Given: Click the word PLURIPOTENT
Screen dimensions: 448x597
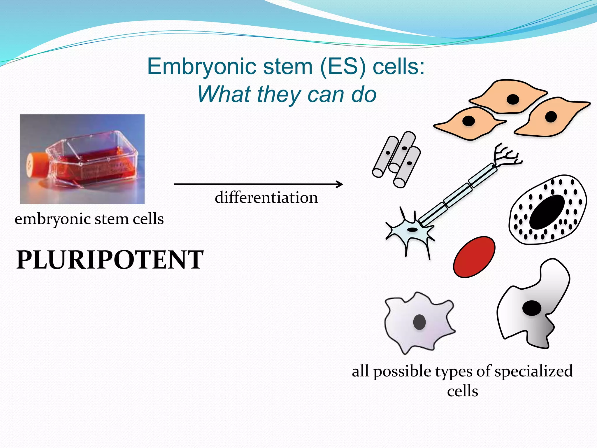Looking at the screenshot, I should (x=110, y=260).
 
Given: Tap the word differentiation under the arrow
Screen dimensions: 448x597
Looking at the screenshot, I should (x=266, y=197).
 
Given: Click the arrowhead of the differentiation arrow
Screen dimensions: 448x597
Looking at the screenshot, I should (x=340, y=184).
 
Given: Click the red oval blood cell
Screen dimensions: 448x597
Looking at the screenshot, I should (x=474, y=257).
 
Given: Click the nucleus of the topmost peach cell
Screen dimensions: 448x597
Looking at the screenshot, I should (x=513, y=99).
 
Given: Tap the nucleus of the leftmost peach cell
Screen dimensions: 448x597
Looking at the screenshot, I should (x=468, y=121).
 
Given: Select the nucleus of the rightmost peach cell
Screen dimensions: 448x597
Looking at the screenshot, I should (x=551, y=117).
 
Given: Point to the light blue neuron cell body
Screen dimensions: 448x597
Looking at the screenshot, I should (x=410, y=230).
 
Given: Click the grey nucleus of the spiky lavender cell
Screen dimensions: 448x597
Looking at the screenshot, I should (x=419, y=322).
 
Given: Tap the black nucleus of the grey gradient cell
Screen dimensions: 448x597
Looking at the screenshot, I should (x=532, y=308).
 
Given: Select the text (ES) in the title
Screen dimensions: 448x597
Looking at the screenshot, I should (x=343, y=67).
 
